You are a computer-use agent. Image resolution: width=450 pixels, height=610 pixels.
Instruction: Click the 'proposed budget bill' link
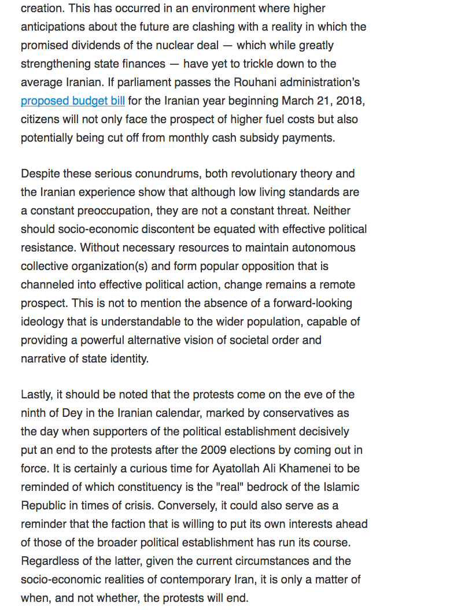(73, 101)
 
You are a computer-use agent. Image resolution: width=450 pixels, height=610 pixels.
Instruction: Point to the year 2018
(349, 101)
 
